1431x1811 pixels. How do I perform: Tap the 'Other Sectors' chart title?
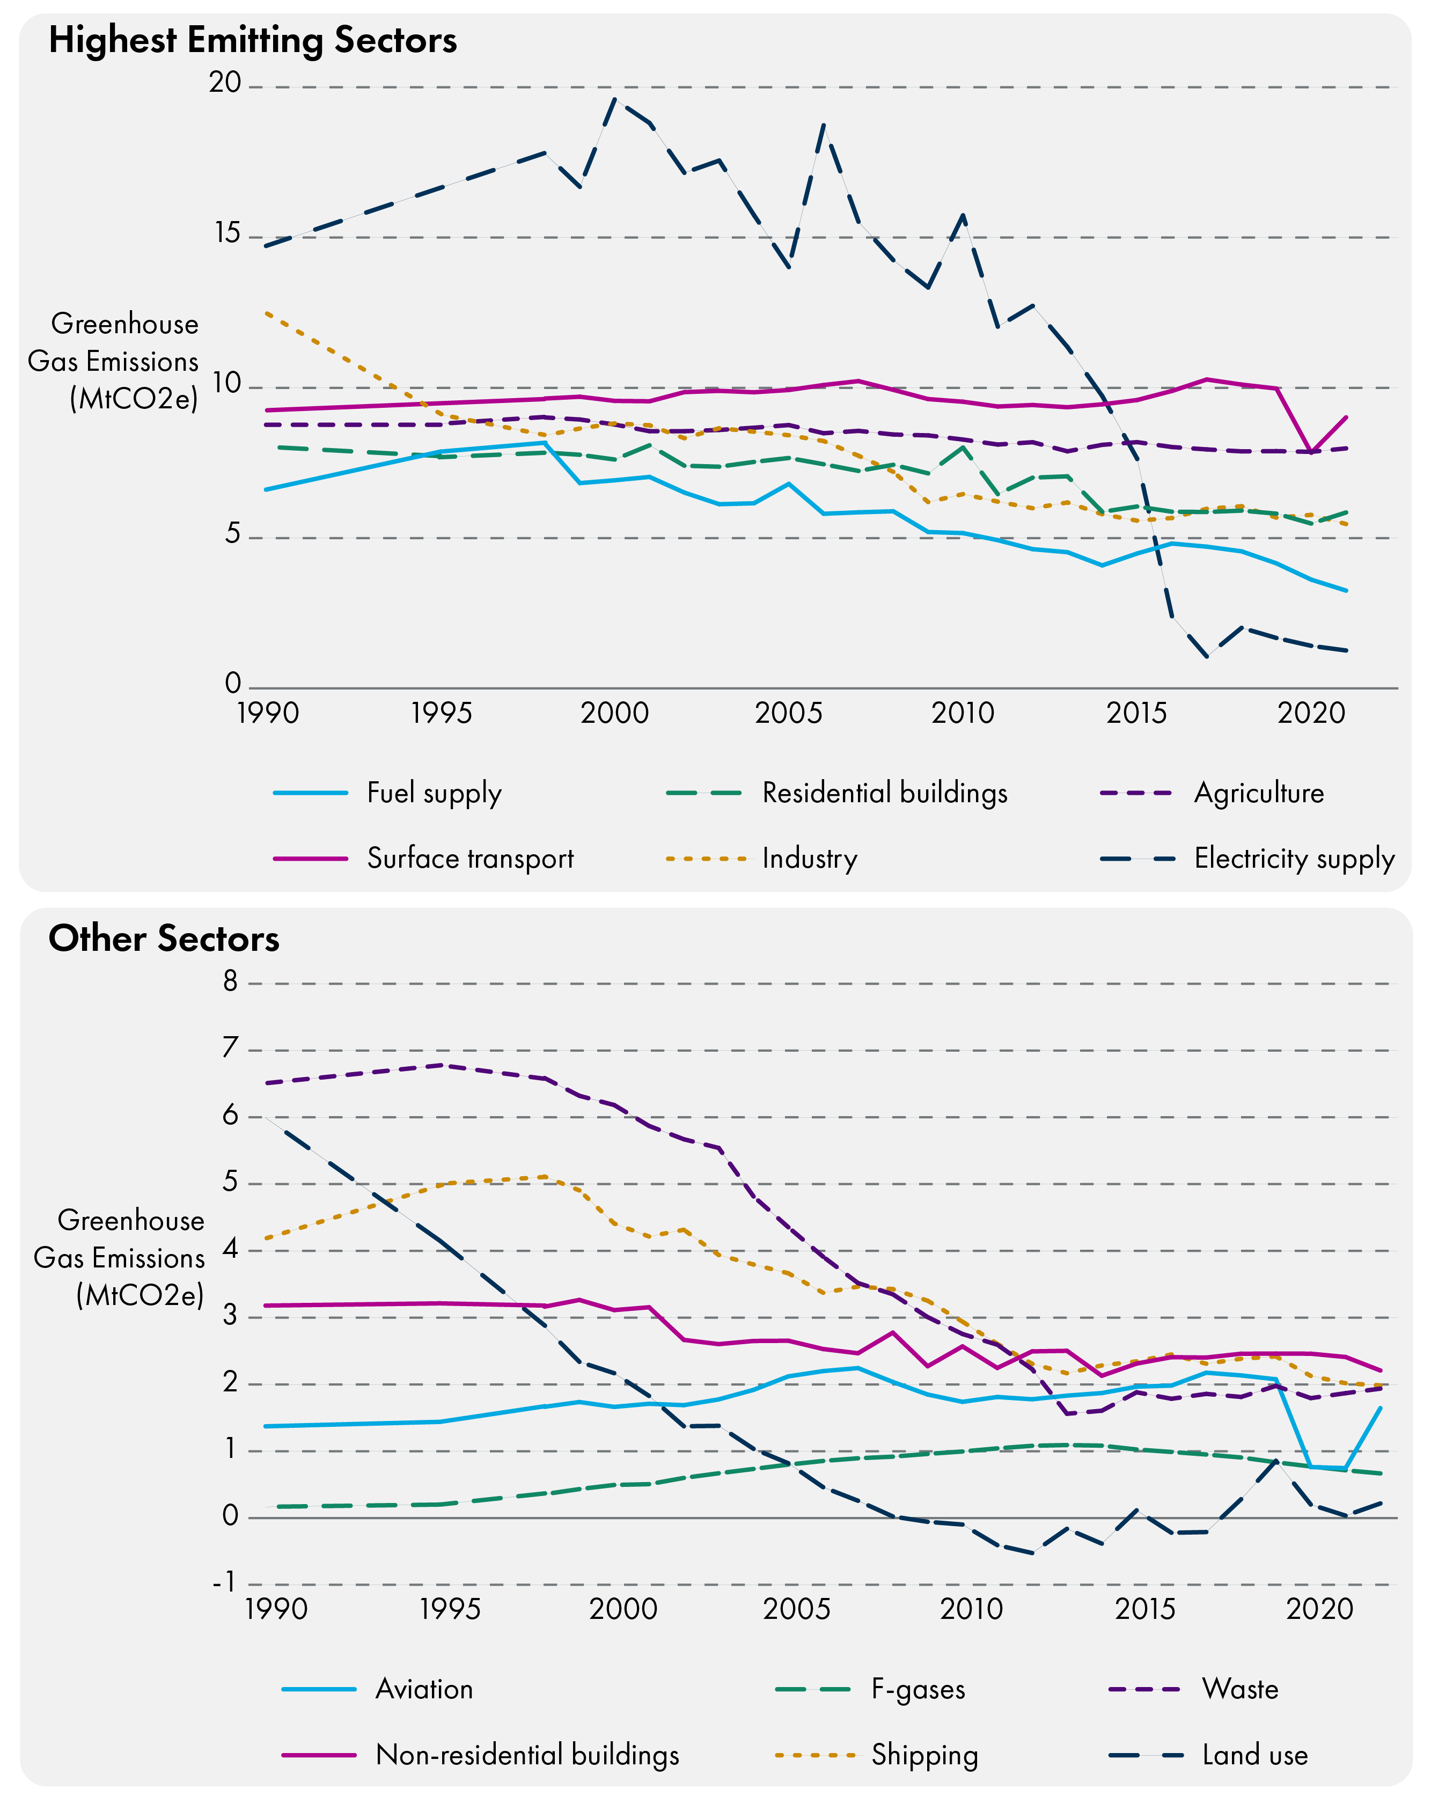click(x=164, y=938)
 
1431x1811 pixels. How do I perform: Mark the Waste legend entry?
click(x=1240, y=1689)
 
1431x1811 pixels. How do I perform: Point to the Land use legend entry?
click(x=1254, y=1755)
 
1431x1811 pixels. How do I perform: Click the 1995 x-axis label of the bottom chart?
click(x=450, y=1609)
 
